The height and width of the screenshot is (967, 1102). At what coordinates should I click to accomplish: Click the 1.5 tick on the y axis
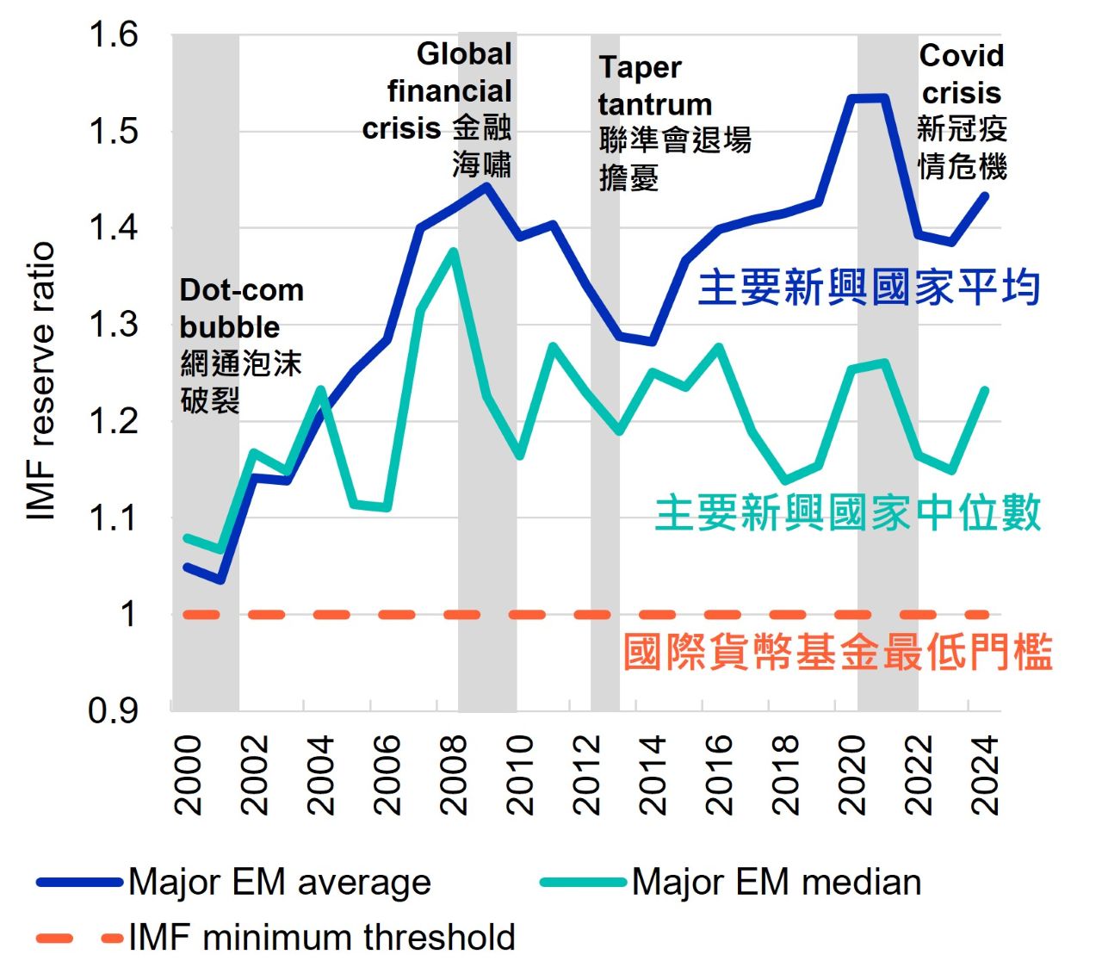[114, 132]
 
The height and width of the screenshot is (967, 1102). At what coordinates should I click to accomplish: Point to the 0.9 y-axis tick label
[114, 711]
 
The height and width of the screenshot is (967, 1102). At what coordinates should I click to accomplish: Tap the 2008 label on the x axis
[454, 775]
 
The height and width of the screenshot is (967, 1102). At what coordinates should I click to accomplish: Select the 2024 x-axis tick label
[984, 775]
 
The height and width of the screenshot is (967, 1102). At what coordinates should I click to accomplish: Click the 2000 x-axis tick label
[189, 775]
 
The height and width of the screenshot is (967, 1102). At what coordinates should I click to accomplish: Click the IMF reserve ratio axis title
[41, 381]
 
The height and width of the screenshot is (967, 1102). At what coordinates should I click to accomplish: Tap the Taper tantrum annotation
[654, 86]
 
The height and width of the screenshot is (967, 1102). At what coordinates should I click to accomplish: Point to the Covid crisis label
[962, 74]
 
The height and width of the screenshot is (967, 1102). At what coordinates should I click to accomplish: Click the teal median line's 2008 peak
[453, 251]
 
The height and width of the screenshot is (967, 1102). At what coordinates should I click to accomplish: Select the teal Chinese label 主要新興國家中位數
[847, 513]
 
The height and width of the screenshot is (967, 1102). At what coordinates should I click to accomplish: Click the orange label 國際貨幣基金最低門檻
[837, 652]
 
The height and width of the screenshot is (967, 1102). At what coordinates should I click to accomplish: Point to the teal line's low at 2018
[784, 480]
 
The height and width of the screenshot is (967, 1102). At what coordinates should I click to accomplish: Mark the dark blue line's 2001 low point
[220, 580]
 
